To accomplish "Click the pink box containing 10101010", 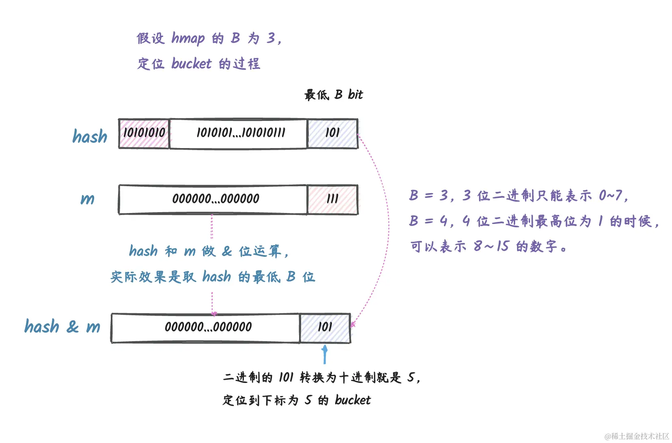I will pyautogui.click(x=144, y=133).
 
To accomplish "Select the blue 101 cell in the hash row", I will pyautogui.click(x=332, y=133).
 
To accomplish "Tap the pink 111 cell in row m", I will pyautogui.click(x=332, y=199).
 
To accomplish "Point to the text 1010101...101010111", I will pyautogui.click(x=241, y=133).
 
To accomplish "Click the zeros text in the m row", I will pyautogui.click(x=215, y=199).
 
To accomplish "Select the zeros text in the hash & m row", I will pyautogui.click(x=208, y=327).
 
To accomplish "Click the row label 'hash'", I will pyautogui.click(x=90, y=137).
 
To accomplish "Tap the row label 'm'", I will pyautogui.click(x=88, y=199).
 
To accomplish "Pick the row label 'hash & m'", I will pyautogui.click(x=62, y=327).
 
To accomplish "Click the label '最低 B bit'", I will pyautogui.click(x=334, y=95).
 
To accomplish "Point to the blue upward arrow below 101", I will pyautogui.click(x=324, y=355).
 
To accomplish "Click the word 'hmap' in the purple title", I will pyautogui.click(x=188, y=38).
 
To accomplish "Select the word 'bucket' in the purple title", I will pyautogui.click(x=191, y=64).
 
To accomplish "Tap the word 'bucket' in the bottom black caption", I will pyautogui.click(x=352, y=400).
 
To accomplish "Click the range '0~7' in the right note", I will pyautogui.click(x=611, y=196).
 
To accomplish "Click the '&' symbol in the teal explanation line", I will pyautogui.click(x=227, y=252).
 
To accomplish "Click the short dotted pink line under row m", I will pyautogui.click(x=212, y=226).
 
